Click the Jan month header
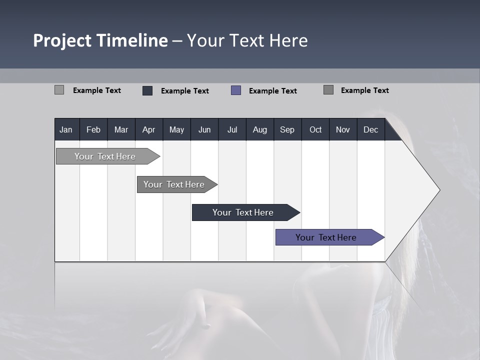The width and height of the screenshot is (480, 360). [66, 129]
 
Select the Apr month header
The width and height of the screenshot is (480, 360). [148, 129]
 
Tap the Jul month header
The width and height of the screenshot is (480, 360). [232, 129]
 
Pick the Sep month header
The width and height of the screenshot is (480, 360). [287, 129]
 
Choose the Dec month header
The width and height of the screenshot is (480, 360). [370, 129]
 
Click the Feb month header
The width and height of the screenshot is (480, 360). [93, 129]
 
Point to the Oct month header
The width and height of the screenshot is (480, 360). [315, 129]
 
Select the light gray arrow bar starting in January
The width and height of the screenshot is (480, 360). [105, 156]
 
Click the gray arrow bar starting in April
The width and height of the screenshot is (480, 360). [174, 184]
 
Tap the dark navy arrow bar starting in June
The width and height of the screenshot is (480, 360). [243, 212]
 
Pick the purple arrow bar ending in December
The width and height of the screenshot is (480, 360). [326, 237]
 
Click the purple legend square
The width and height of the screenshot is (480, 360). [236, 90]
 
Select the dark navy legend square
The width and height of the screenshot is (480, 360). [147, 90]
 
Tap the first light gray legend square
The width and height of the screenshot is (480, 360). [59, 90]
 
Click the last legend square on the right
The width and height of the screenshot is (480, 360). [328, 90]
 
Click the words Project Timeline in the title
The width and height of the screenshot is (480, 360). [100, 40]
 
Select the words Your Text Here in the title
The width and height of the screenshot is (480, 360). [247, 40]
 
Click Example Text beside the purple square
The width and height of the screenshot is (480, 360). [273, 91]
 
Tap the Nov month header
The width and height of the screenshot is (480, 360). [343, 129]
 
